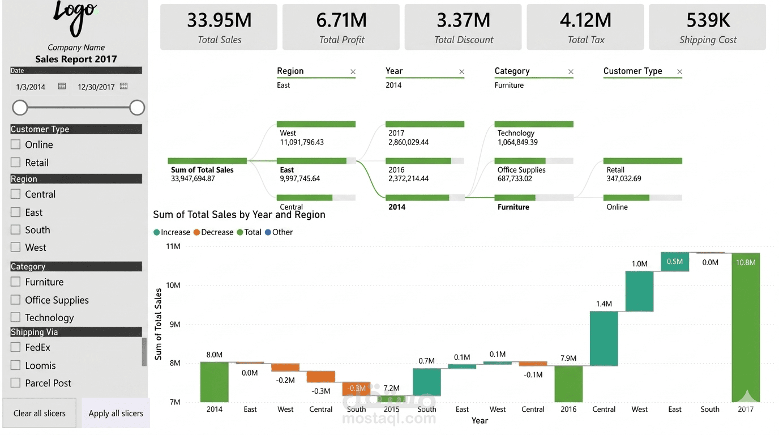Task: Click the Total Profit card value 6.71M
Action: (x=341, y=20)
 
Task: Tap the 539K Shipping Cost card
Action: (x=707, y=27)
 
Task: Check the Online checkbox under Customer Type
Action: (x=15, y=144)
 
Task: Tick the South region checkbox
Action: (x=15, y=230)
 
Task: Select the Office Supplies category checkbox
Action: (x=15, y=300)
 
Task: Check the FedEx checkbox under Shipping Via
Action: (x=15, y=347)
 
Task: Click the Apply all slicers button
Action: (x=116, y=413)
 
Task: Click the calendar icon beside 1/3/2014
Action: (x=62, y=86)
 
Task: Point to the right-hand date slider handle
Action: (x=137, y=108)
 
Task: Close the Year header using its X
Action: (x=461, y=72)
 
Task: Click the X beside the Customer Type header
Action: (x=679, y=72)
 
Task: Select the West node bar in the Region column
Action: (x=316, y=124)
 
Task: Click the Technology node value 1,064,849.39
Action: (x=517, y=142)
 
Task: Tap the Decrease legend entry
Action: (x=213, y=232)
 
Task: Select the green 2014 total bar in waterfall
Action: (x=214, y=382)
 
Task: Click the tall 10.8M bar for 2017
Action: (x=746, y=327)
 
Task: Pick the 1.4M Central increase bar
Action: (x=603, y=339)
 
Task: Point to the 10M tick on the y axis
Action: (x=173, y=285)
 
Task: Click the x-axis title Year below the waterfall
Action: (x=480, y=421)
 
